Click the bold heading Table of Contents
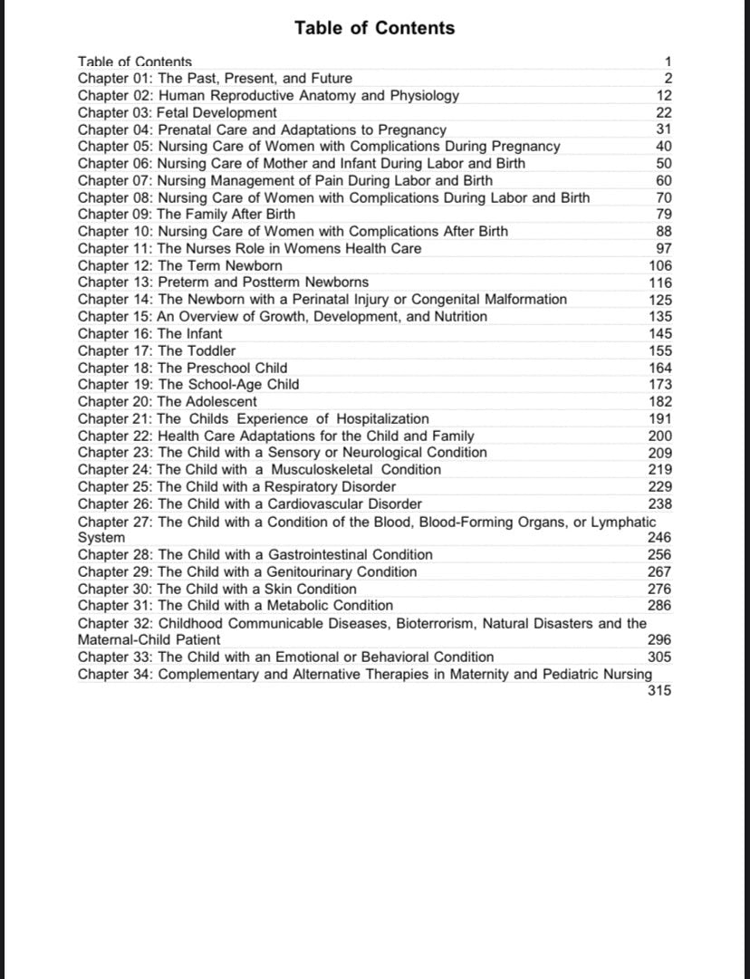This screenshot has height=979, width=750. [x=374, y=28]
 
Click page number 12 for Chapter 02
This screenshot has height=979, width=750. [x=664, y=96]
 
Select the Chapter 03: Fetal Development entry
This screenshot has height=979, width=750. [x=177, y=113]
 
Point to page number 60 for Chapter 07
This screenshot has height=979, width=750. [x=664, y=181]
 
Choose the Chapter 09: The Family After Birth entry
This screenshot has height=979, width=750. [x=186, y=215]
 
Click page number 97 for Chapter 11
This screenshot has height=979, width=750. [x=664, y=249]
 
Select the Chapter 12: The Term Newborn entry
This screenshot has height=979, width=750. [x=179, y=265]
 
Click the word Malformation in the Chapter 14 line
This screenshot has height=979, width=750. [x=526, y=300]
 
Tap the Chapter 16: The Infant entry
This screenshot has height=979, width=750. [x=149, y=333]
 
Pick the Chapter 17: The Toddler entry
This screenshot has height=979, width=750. [x=156, y=350]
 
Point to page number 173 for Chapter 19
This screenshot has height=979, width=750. [x=660, y=385]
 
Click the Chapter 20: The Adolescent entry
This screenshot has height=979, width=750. [x=167, y=401]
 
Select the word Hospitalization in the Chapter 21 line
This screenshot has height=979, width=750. [x=383, y=418]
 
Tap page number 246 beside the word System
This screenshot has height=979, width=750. [x=660, y=538]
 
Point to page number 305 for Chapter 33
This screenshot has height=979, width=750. [x=660, y=657]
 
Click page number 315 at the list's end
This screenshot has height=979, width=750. [x=660, y=692]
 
